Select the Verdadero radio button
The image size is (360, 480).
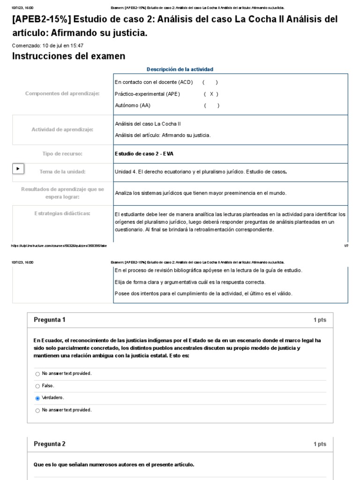pos(38,398)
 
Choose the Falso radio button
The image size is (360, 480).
pos(38,386)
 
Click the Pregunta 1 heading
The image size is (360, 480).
pos(50,320)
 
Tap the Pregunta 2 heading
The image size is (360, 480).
pos(50,444)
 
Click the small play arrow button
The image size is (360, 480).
pos(18,168)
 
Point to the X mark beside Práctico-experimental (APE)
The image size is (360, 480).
pos(211,94)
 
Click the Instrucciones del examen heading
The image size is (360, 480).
pos(68,56)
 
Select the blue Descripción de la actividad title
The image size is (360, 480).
pos(180,69)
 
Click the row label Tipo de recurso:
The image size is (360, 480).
pos(62,154)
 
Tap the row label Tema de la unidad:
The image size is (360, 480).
pos(62,172)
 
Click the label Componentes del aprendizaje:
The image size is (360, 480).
pos(62,94)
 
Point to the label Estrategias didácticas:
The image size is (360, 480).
pos(62,213)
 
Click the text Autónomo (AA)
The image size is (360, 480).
pos(133,105)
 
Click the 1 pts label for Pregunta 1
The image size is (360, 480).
pos(320,320)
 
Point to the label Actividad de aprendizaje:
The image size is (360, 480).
pos(62,129)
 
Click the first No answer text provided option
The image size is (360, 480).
pos(67,374)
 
